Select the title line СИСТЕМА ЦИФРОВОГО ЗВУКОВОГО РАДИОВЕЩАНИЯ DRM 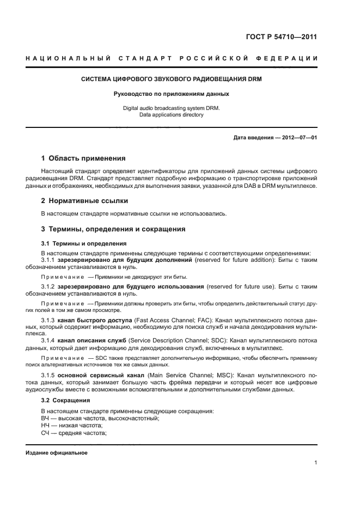172,79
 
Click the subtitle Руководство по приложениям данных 172,94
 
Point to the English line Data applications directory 172,115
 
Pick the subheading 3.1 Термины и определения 84,244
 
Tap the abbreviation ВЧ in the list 45,418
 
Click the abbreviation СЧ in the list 45,433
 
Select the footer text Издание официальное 56,453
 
